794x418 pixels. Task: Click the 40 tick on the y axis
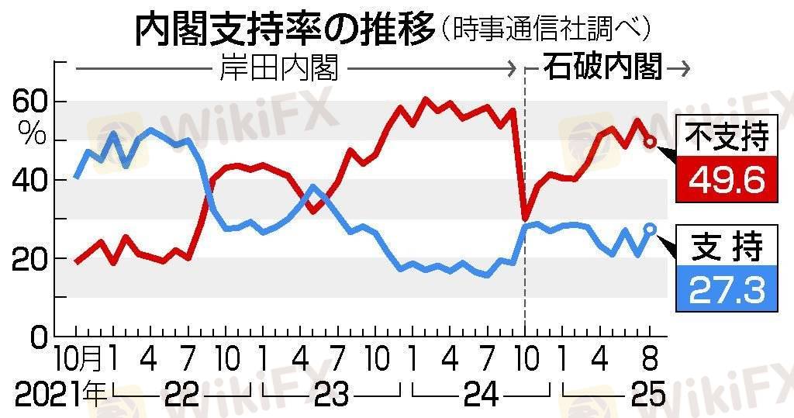tap(30, 181)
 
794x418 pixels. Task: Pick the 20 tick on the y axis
tap(30, 259)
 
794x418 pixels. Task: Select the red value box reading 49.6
tap(727, 180)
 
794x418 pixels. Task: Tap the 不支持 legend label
tap(727, 136)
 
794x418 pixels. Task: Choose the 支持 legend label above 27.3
tap(727, 247)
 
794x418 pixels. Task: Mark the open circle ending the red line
tap(651, 141)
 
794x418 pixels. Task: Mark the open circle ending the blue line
tap(651, 228)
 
